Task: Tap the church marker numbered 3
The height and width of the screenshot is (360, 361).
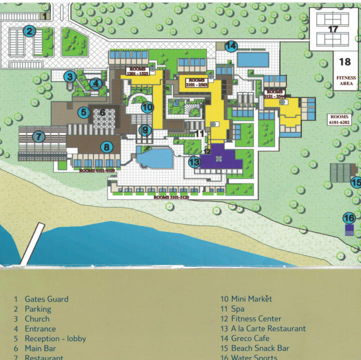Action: (x=69, y=76)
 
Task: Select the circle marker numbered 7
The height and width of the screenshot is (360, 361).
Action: (x=38, y=136)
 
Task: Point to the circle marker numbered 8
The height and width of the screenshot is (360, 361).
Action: (x=106, y=147)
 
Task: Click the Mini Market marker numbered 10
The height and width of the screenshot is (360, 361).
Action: (x=147, y=106)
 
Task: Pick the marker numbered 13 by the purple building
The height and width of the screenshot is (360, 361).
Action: (x=194, y=162)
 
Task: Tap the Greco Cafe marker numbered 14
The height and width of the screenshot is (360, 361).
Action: (x=230, y=46)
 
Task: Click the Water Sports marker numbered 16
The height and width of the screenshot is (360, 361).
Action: (x=349, y=218)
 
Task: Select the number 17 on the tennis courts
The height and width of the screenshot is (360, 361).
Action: (x=333, y=29)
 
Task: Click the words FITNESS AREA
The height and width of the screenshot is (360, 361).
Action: (x=346, y=80)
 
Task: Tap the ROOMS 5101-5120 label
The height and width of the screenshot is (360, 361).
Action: (x=172, y=197)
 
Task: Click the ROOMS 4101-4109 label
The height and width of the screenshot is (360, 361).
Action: (x=97, y=170)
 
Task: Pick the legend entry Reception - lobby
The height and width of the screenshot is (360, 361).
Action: (x=55, y=338)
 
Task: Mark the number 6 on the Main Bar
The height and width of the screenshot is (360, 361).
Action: (x=102, y=112)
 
